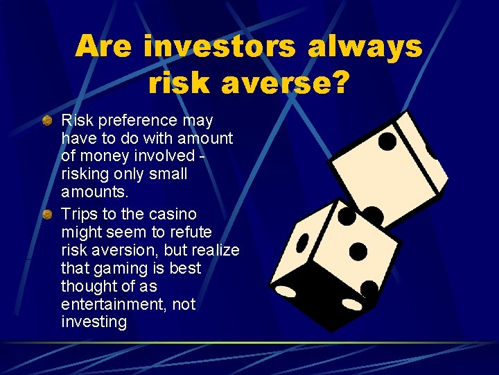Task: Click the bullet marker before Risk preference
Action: pyautogui.click(x=46, y=121)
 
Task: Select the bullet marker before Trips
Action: pyautogui.click(x=46, y=214)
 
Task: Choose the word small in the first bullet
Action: pyautogui.click(x=168, y=174)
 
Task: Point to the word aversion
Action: pyautogui.click(x=121, y=250)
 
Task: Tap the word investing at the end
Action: pyautogui.click(x=94, y=322)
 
